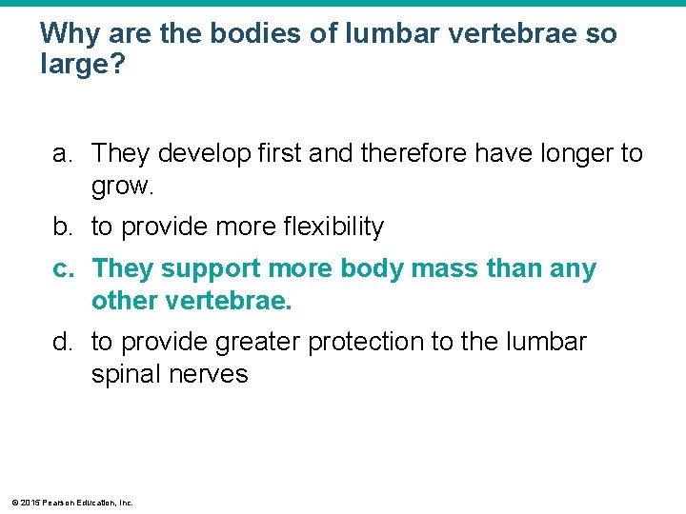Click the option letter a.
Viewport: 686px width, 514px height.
tap(62, 153)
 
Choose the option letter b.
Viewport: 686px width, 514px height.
tap(62, 227)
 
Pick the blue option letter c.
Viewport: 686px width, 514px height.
tap(62, 269)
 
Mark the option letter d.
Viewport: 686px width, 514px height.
tap(62, 341)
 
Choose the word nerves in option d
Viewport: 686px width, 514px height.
tap(211, 374)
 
